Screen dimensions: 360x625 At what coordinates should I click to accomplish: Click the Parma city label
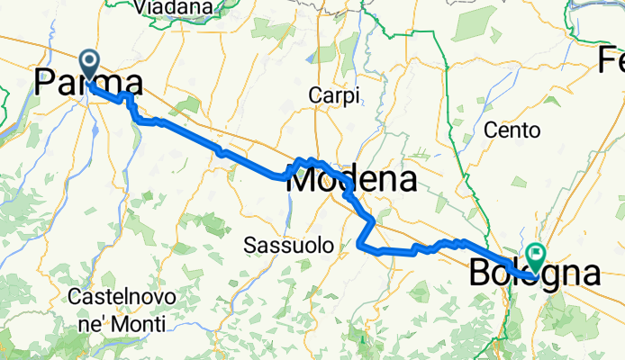[x=87, y=82]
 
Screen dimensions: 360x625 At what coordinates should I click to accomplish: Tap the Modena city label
[x=351, y=180]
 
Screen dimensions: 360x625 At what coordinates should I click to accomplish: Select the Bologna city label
[x=534, y=274]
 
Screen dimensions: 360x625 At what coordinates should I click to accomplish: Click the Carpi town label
[x=333, y=94]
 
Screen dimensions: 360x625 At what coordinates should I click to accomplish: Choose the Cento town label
[x=512, y=130]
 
